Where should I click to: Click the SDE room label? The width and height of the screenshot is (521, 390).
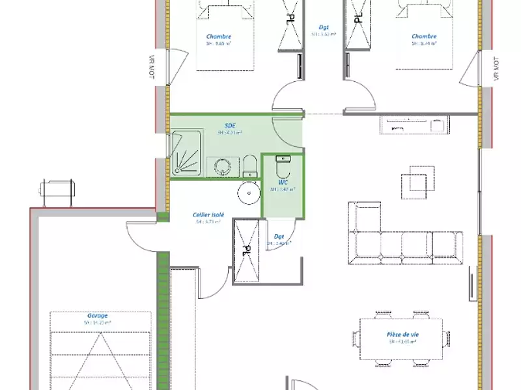pyautogui.click(x=230, y=124)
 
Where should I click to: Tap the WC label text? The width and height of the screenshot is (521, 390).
pyautogui.click(x=283, y=183)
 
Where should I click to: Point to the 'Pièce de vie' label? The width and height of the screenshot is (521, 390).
pyautogui.click(x=402, y=334)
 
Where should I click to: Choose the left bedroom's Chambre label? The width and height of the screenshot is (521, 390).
pyautogui.click(x=219, y=36)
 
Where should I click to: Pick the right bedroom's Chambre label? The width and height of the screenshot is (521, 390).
pyautogui.click(x=424, y=36)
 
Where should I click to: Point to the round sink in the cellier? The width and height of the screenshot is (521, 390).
pyautogui.click(x=248, y=192)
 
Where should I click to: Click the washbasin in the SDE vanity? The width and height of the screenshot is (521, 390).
pyautogui.click(x=223, y=166)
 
